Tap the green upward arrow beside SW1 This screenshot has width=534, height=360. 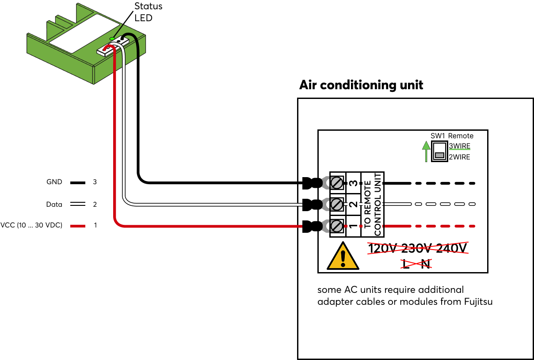click(x=425, y=151)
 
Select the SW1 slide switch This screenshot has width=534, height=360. click(x=439, y=151)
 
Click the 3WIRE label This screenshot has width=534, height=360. click(x=459, y=146)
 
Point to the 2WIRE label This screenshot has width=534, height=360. click(x=459, y=157)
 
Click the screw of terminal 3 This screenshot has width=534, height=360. click(x=336, y=182)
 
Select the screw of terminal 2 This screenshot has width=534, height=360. click(x=336, y=204)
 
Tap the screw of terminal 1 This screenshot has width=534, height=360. click(x=336, y=226)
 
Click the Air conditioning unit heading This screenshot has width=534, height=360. click(x=361, y=85)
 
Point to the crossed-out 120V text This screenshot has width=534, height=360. click(x=383, y=249)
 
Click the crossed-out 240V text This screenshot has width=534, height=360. click(x=452, y=249)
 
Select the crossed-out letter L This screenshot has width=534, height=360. click(x=406, y=264)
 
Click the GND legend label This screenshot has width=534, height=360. click(x=54, y=182)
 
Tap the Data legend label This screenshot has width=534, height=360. click(x=54, y=205)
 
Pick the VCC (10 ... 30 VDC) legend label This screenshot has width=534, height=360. click(x=31, y=225)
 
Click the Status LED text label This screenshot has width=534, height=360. click(x=148, y=12)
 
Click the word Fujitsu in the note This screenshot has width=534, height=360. click(x=477, y=302)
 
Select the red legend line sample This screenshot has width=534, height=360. click(x=77, y=226)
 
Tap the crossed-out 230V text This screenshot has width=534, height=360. click(x=417, y=249)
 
